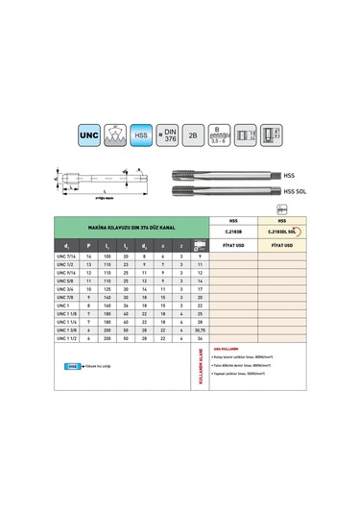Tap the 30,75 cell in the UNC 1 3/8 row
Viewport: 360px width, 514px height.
click(198, 330)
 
